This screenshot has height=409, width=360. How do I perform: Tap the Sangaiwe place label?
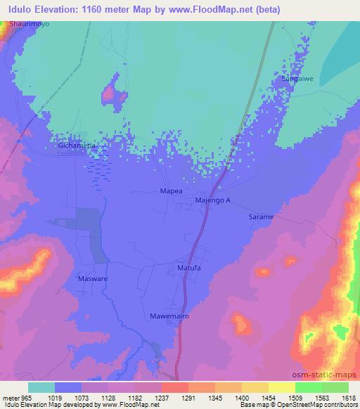pos(297,78)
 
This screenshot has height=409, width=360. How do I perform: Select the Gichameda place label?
pos(76,145)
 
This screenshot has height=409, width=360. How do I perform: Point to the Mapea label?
pos(172,190)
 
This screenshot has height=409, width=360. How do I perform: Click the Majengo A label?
pos(212,201)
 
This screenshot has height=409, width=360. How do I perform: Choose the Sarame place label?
pos(260,217)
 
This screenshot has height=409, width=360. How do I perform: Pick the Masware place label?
pos(89,278)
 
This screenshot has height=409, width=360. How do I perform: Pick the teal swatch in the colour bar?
pos(41,387)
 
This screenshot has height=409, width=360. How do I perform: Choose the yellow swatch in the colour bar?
pos(281,387)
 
